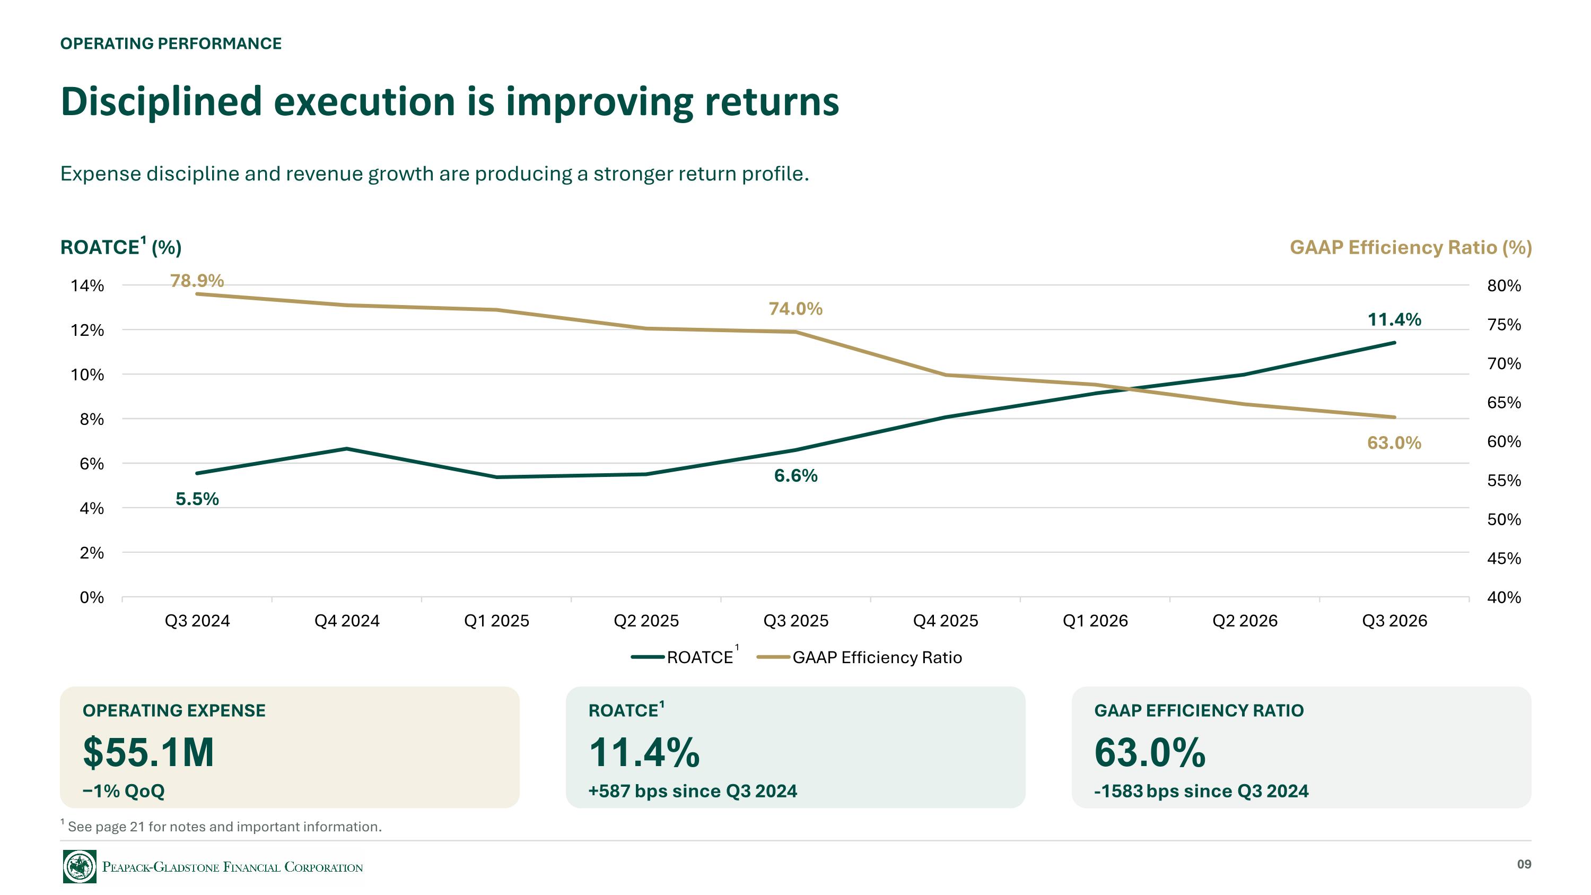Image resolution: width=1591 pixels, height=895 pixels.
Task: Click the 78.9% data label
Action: coord(197,281)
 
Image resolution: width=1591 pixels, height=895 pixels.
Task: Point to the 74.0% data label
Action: coord(795,309)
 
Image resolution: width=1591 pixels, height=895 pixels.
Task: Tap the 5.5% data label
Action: coord(197,499)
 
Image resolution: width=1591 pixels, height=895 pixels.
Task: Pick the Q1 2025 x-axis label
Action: coord(496,621)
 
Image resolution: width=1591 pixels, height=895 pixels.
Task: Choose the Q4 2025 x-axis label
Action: coord(946,621)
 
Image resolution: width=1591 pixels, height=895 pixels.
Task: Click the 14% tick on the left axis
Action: coord(87,286)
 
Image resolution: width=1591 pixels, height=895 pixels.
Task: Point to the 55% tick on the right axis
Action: coord(1504,481)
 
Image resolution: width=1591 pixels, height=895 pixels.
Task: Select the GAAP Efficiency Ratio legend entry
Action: coord(859,657)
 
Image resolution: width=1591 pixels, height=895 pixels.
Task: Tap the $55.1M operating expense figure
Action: coord(148,752)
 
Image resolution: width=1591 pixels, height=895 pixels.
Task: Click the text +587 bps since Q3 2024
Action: coord(693,791)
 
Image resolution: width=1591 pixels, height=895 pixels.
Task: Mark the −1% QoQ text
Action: coord(124,791)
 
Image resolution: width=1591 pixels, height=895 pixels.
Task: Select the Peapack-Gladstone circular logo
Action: coord(80,866)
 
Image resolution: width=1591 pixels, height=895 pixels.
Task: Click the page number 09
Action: coord(1524,864)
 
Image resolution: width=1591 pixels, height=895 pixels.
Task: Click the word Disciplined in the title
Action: coord(162,101)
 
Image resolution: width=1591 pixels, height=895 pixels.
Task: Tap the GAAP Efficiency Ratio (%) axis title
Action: coord(1411,247)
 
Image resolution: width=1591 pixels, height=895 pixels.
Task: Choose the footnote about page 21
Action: coord(221,826)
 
